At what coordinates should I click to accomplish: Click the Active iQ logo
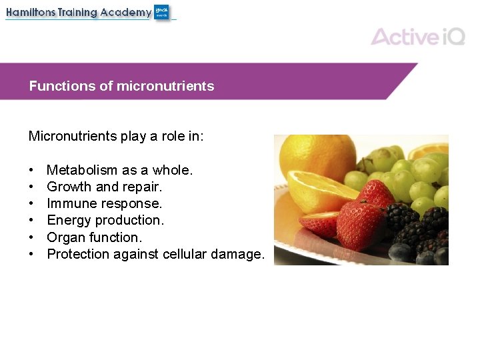[x=418, y=36]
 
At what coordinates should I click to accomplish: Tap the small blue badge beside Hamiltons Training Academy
[x=162, y=12]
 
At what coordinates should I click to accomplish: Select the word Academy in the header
[x=126, y=13]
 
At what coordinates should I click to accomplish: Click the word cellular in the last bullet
[x=183, y=254]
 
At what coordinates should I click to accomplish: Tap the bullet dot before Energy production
[x=31, y=221]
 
